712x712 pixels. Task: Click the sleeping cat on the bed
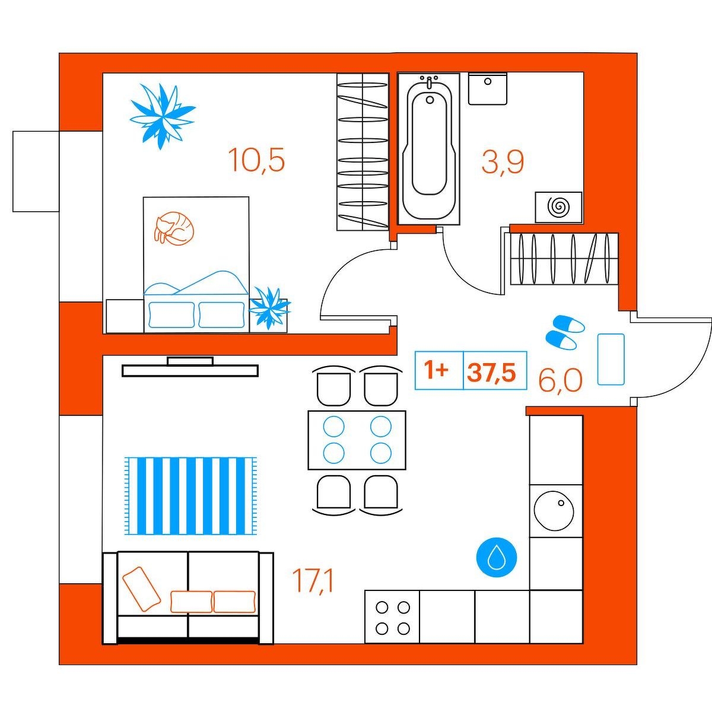coord(174,228)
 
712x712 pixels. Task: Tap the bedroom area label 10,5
coord(256,160)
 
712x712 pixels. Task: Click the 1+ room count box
coord(439,370)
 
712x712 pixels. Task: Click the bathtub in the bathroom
coord(429,148)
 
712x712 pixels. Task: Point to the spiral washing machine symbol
coord(559,208)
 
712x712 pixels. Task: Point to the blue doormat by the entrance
coord(611,359)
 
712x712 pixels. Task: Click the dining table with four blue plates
coord(357,440)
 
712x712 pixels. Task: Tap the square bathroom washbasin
coord(488,88)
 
